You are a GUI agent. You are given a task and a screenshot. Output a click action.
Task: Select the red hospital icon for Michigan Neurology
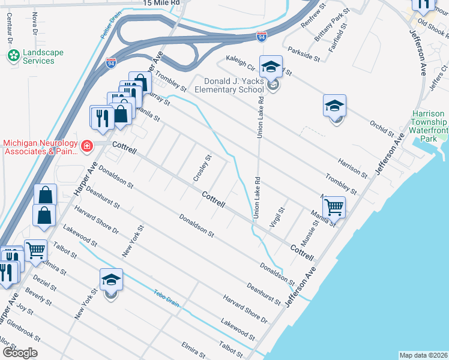[87, 146]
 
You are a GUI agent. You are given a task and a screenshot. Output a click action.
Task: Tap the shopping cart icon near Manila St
[334, 207]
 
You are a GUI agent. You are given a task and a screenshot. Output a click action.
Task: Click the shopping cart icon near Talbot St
[36, 250]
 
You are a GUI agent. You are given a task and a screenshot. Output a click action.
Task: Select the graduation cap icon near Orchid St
[334, 106]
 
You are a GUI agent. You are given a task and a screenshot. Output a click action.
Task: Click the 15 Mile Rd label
[162, 3]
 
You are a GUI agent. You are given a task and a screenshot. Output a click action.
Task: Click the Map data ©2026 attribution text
[423, 355]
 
